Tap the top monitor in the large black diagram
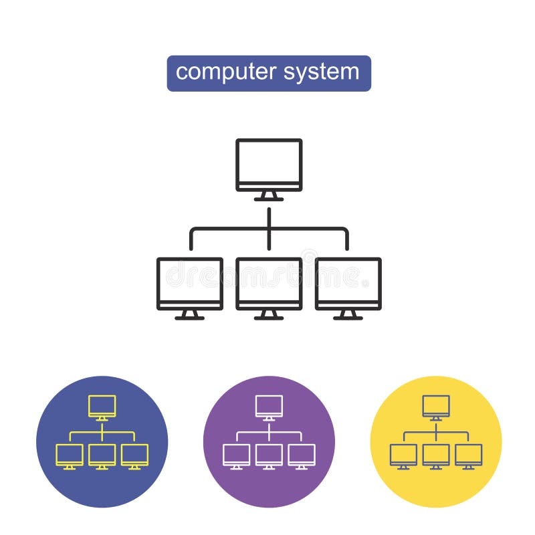point(269,165)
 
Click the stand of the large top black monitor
point(269,197)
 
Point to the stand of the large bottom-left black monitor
point(190,315)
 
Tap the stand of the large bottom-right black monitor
point(348,315)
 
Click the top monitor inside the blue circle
point(102,405)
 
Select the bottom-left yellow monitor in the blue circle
point(70,454)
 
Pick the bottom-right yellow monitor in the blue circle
point(134,454)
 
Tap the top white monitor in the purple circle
point(269,405)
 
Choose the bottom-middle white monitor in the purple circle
point(269,454)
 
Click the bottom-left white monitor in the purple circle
point(236,454)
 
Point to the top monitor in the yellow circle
point(436,405)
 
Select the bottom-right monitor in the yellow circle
point(468,454)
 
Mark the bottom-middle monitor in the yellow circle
point(436,454)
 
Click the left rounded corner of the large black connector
point(193,231)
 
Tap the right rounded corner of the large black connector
point(345,231)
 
